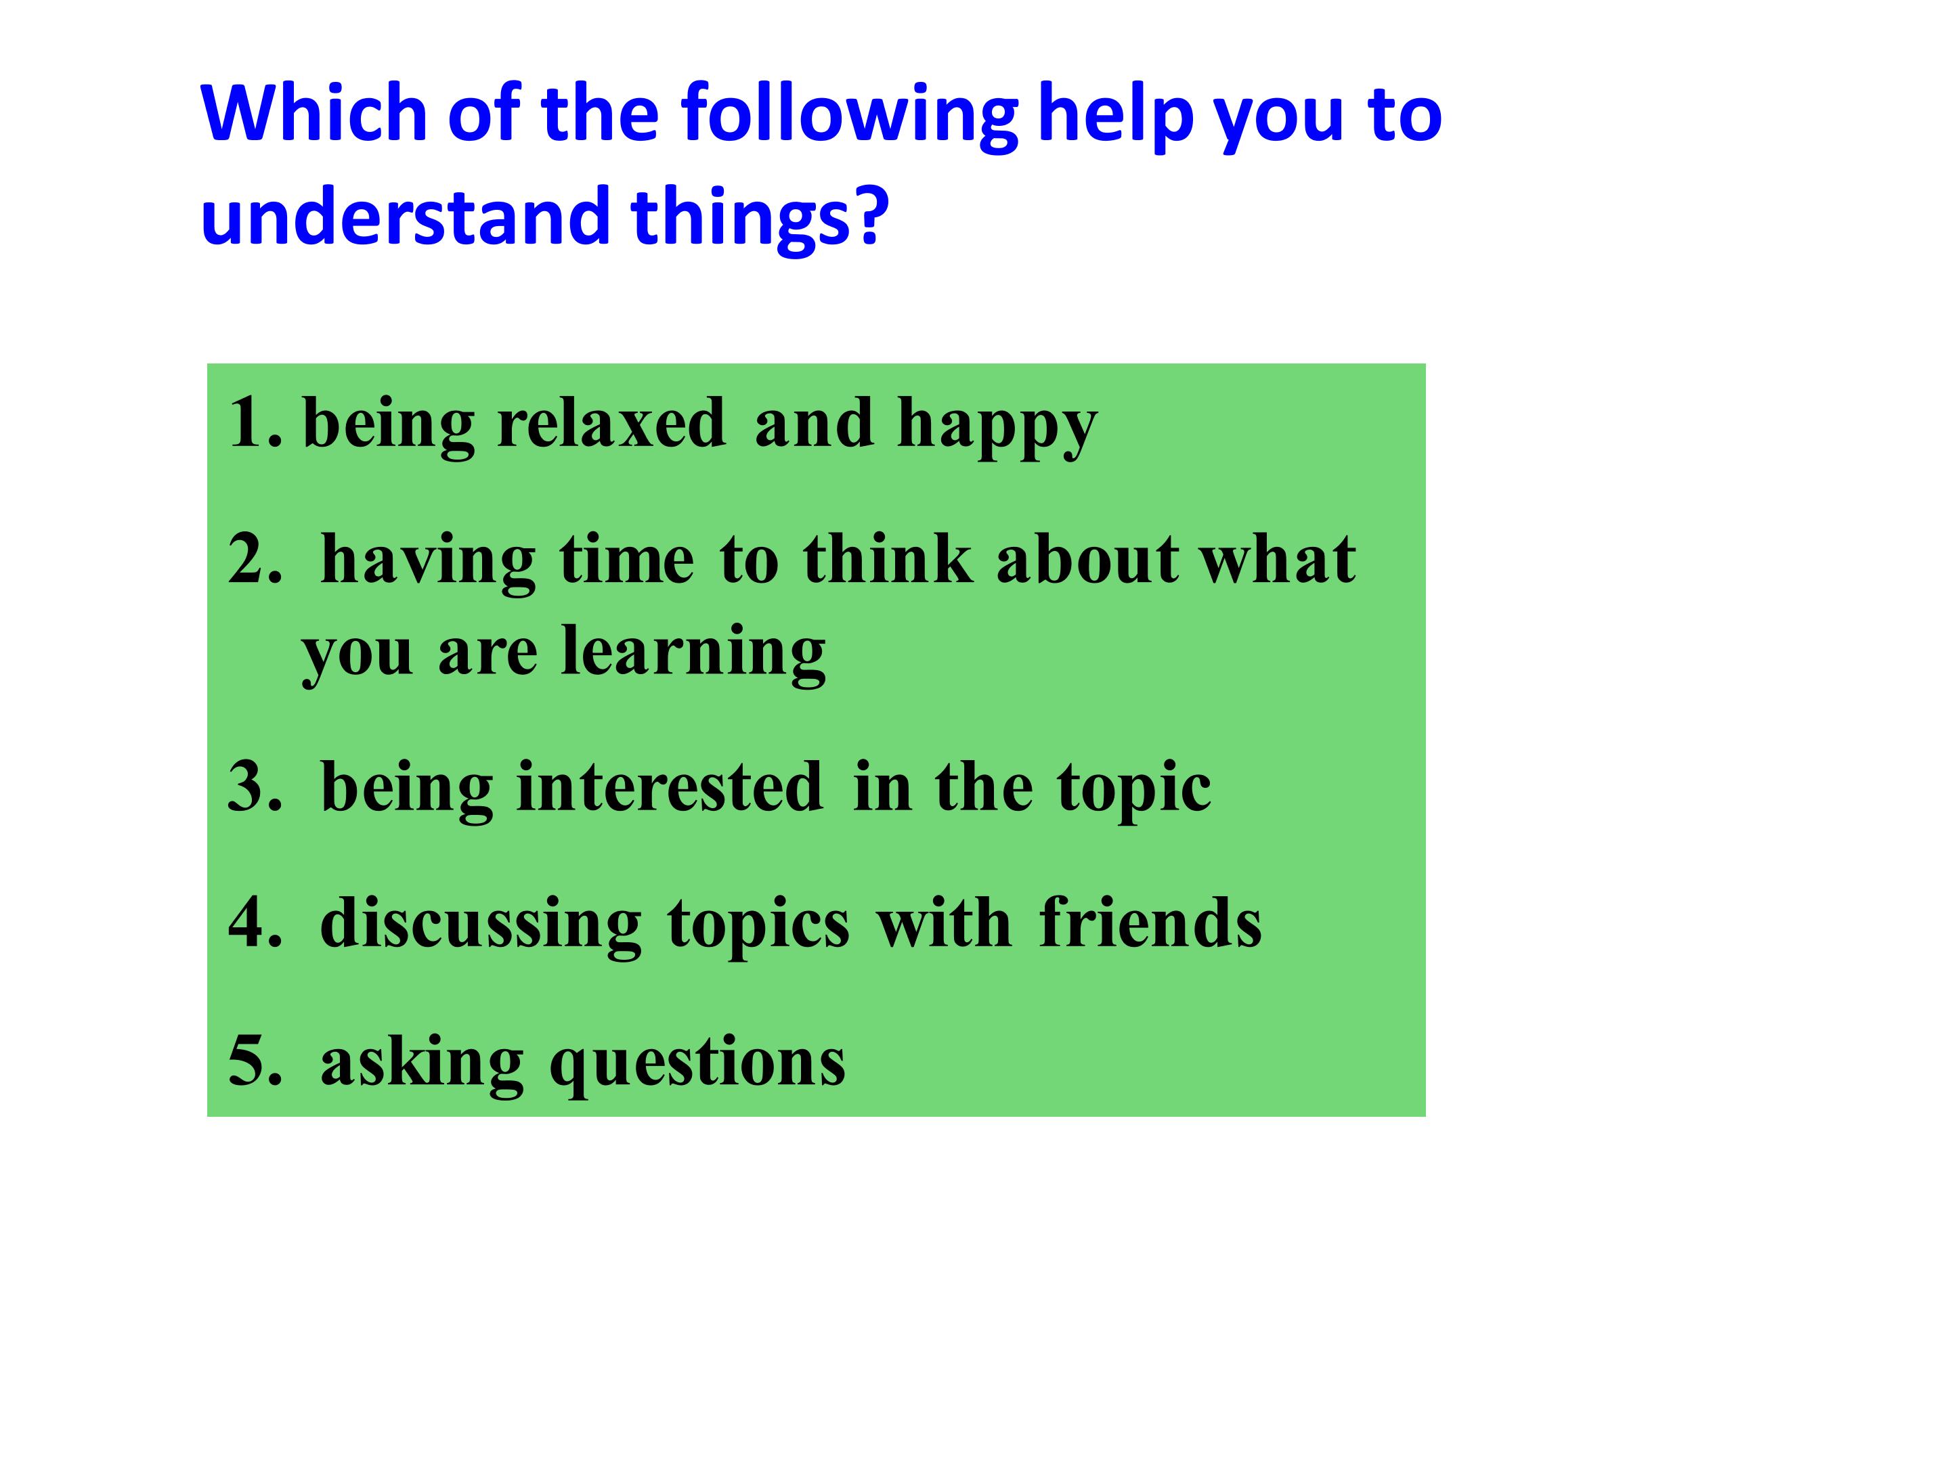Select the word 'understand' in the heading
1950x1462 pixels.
[x=406, y=215]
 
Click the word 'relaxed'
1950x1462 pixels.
[x=612, y=422]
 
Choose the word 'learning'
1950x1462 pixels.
[x=694, y=653]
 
